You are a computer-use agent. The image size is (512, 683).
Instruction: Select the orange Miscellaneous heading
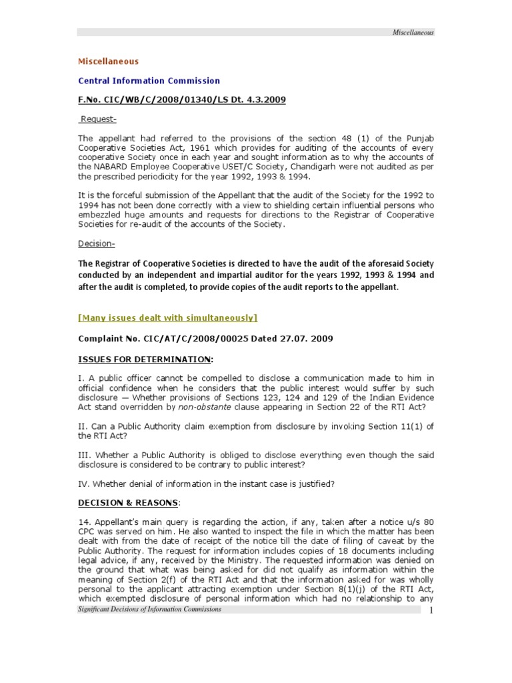click(x=109, y=61)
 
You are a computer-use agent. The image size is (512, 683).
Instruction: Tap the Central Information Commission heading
click(x=149, y=81)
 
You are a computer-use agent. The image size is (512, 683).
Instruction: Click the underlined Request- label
click(x=98, y=119)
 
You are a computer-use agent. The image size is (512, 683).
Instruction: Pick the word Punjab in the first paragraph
click(x=419, y=139)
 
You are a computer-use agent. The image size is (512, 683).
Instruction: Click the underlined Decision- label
click(x=97, y=243)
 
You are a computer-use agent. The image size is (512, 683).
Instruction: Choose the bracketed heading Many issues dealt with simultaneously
click(x=168, y=317)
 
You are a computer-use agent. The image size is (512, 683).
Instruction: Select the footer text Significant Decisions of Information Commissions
click(x=149, y=610)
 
